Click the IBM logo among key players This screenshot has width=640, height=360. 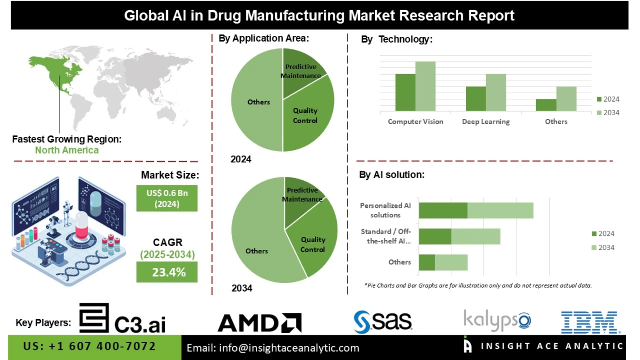(589, 322)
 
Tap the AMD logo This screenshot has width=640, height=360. (259, 322)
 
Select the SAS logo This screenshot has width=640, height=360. (383, 321)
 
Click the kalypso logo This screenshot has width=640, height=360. (497, 320)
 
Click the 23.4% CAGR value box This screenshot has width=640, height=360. (167, 272)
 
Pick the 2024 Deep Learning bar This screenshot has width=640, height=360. (476, 98)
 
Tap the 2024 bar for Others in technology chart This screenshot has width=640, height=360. (546, 105)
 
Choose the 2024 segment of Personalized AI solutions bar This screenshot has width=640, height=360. (443, 211)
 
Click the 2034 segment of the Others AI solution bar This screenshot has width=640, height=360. (451, 262)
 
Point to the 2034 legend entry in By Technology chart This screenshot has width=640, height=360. (607, 113)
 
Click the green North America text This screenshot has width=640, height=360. (66, 150)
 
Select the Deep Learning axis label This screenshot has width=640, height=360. (486, 121)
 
